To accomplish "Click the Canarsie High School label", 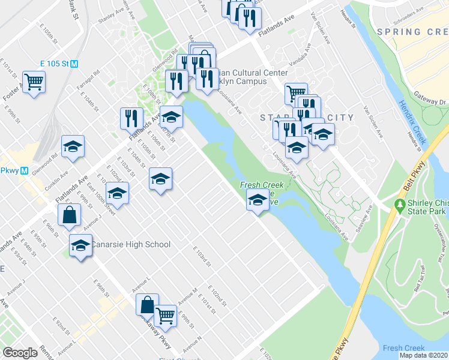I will [x=130, y=245].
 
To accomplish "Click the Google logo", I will [x=20, y=352].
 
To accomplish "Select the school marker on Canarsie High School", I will [x=80, y=245].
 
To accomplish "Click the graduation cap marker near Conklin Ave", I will [x=73, y=147].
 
